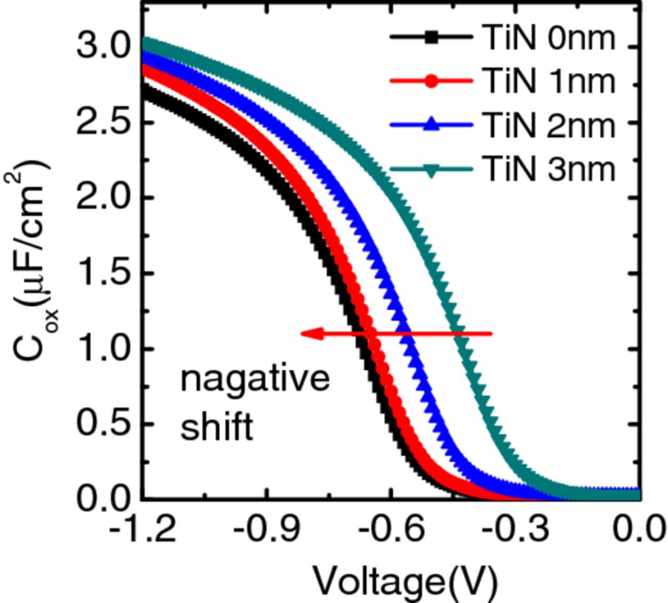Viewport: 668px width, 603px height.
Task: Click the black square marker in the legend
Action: coord(431,38)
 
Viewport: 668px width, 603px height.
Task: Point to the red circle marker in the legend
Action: coord(431,81)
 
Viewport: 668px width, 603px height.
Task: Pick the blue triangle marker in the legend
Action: coord(431,125)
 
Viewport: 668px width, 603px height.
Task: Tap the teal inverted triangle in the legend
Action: coord(431,170)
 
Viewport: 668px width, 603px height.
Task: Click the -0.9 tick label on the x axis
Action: coord(267,530)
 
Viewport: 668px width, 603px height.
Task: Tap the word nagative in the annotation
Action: coord(255,378)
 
